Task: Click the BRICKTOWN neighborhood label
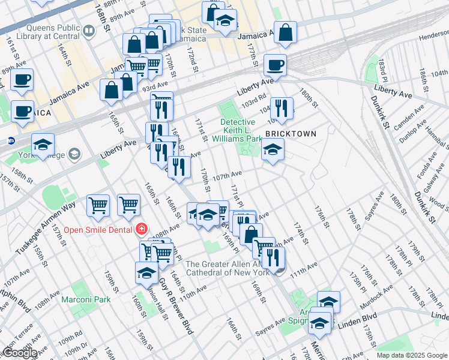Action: [291, 133]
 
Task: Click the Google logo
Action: [19, 353]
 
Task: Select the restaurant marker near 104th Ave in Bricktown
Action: [282, 109]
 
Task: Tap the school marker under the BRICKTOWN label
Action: [273, 150]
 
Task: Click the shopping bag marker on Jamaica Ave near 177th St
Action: [286, 34]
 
